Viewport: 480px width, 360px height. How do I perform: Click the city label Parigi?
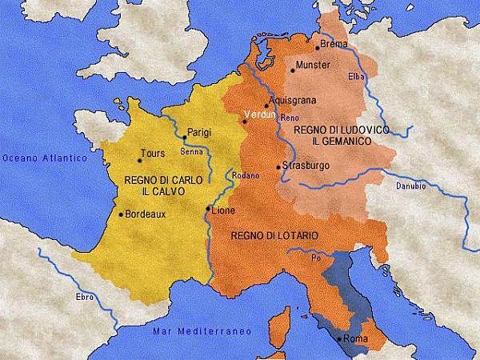click(198, 132)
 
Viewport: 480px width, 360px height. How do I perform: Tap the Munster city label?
click(312, 65)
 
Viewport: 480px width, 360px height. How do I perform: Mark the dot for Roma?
click(341, 340)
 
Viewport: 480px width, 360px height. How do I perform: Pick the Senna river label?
click(191, 150)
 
